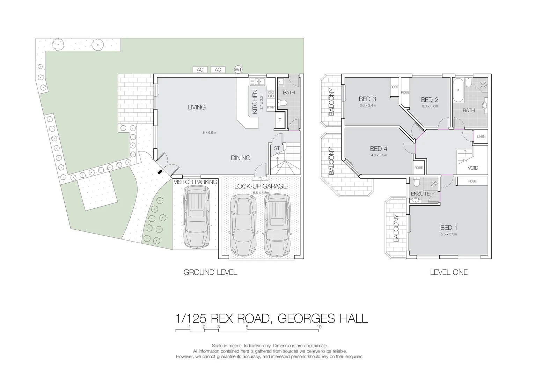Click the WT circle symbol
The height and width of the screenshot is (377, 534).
238,69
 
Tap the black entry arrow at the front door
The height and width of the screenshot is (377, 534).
160,171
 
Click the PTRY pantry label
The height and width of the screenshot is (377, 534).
271,108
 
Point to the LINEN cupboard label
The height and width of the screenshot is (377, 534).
481,136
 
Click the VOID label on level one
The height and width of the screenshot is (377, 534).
473,168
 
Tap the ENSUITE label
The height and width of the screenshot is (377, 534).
420,194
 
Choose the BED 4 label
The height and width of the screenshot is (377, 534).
379,149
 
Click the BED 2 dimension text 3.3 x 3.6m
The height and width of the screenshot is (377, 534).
430,106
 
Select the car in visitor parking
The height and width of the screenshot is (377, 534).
197,217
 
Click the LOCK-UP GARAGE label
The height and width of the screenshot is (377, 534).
260,186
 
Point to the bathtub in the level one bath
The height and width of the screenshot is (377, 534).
458,90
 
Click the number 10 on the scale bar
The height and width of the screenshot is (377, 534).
319,327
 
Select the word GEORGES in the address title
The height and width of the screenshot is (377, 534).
303,318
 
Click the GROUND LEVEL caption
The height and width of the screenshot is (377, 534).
210,272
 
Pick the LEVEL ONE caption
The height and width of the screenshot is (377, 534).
448,272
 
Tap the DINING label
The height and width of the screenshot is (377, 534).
241,158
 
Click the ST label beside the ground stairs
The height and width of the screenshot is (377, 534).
277,148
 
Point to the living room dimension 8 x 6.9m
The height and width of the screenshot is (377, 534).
209,133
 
